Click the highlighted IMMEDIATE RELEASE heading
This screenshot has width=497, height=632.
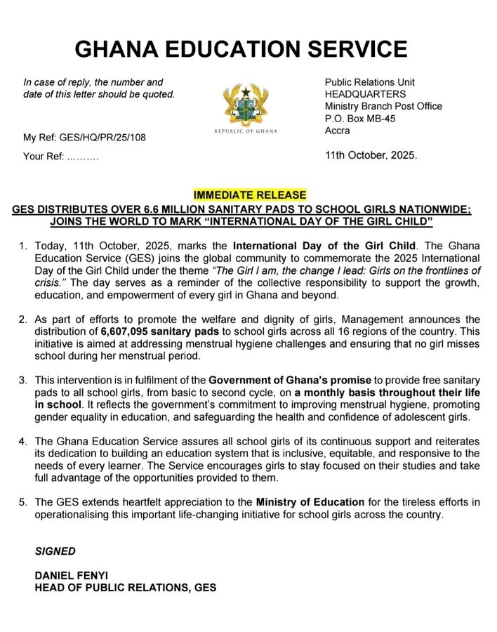(250, 195)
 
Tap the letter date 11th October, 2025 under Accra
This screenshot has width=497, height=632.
(371, 155)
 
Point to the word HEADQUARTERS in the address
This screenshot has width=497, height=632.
(364, 94)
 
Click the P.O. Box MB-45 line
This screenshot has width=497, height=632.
(359, 119)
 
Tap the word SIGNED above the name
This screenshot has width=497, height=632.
(55, 551)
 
